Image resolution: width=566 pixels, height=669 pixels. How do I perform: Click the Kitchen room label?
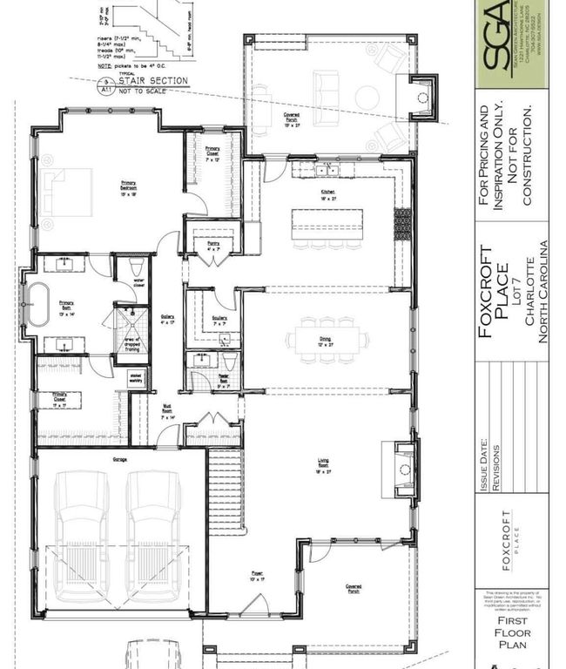327,193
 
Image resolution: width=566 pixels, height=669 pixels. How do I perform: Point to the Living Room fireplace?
400,470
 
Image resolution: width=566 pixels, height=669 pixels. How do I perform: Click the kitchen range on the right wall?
402,225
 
